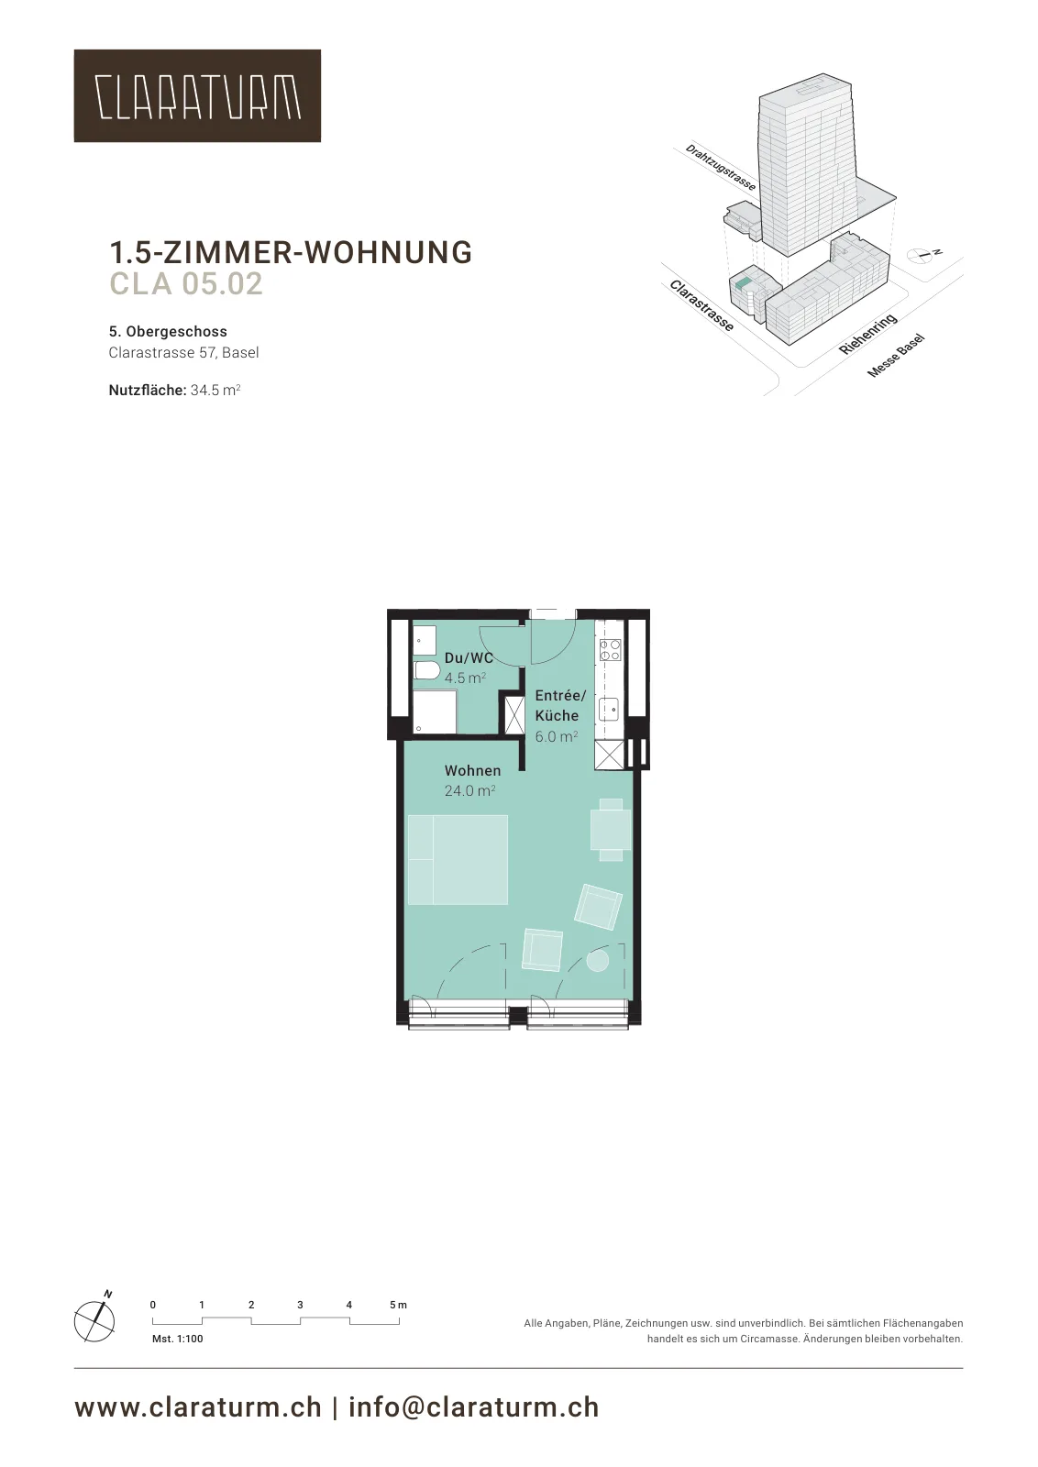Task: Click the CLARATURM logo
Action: pos(197,95)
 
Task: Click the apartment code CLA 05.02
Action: pos(186,283)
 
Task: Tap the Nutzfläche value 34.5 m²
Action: pos(215,391)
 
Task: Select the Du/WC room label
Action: pos(469,658)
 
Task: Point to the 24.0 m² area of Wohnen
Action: pos(469,791)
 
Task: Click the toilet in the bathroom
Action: pos(427,670)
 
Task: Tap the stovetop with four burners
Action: pos(611,650)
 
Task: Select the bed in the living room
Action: pos(458,859)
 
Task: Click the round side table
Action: pos(597,962)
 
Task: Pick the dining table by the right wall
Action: pos(611,830)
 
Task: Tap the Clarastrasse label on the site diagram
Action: pos(701,306)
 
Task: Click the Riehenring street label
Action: pos(867,334)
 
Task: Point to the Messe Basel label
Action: pos(896,356)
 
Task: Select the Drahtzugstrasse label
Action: pos(721,168)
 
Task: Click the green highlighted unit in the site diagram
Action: pos(741,284)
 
